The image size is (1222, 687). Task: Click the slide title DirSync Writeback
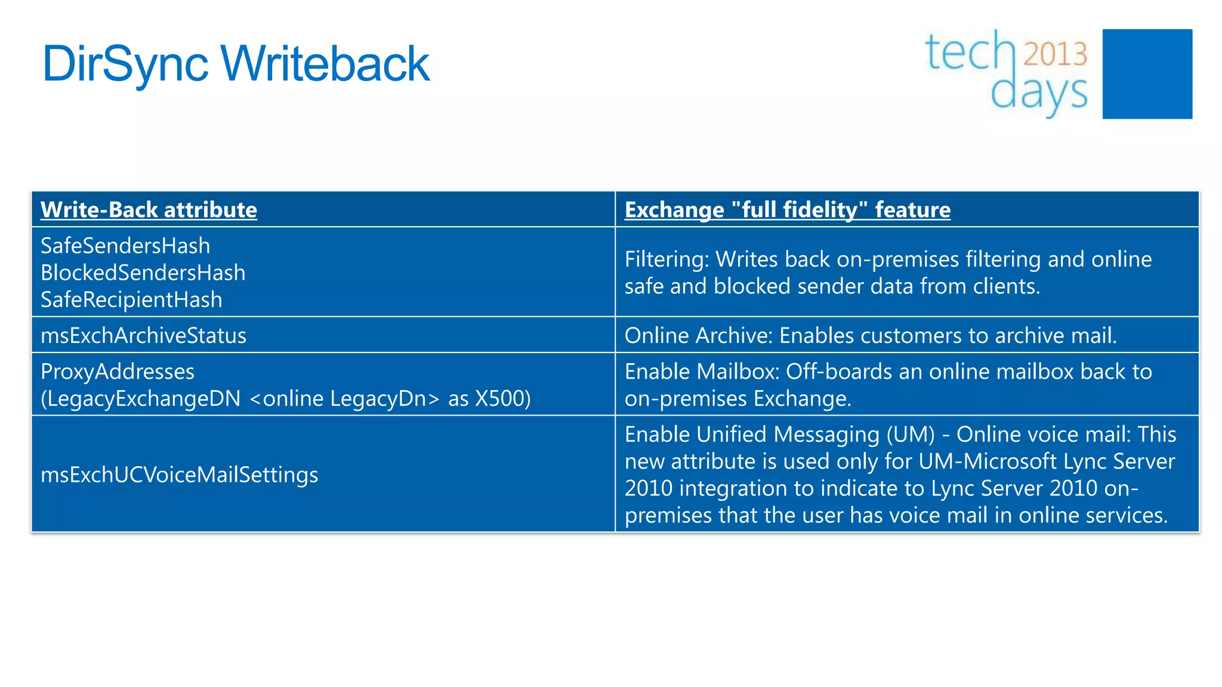(x=236, y=64)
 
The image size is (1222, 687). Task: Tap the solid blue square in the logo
(x=1147, y=74)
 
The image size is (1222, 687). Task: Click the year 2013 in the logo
(x=1056, y=54)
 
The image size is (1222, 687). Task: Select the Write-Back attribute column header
(x=149, y=210)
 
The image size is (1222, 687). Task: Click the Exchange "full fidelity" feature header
(x=787, y=210)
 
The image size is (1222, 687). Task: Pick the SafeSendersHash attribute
(x=125, y=246)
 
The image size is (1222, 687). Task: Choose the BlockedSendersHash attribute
(x=143, y=273)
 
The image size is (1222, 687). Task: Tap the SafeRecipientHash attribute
(x=131, y=299)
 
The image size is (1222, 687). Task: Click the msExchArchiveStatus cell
(x=143, y=336)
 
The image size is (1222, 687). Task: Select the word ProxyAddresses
(x=118, y=372)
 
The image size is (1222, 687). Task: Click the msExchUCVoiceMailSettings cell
(x=179, y=475)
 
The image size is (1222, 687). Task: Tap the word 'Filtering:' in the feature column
(x=666, y=259)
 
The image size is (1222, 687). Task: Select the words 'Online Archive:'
(x=698, y=336)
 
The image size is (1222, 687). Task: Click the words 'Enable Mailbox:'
(x=702, y=372)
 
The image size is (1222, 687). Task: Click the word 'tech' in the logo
(x=970, y=52)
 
